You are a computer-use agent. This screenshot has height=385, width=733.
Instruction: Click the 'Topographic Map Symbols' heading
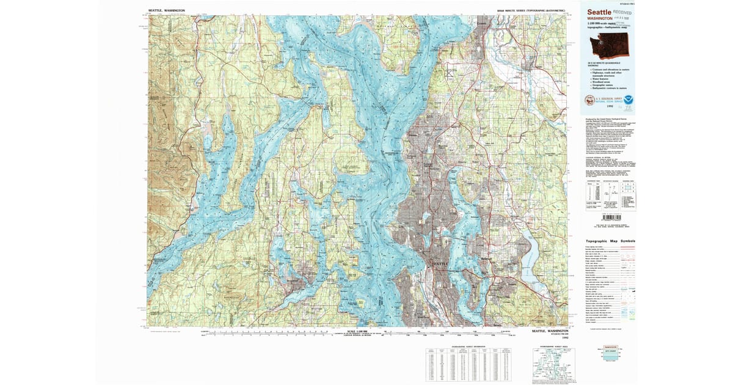pos(607,241)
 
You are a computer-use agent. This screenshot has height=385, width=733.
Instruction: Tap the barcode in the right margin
pos(611,217)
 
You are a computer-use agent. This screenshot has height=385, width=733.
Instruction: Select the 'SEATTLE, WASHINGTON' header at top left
pos(167,10)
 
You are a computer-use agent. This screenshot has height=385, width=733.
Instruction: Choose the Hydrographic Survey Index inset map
pos(552,365)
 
